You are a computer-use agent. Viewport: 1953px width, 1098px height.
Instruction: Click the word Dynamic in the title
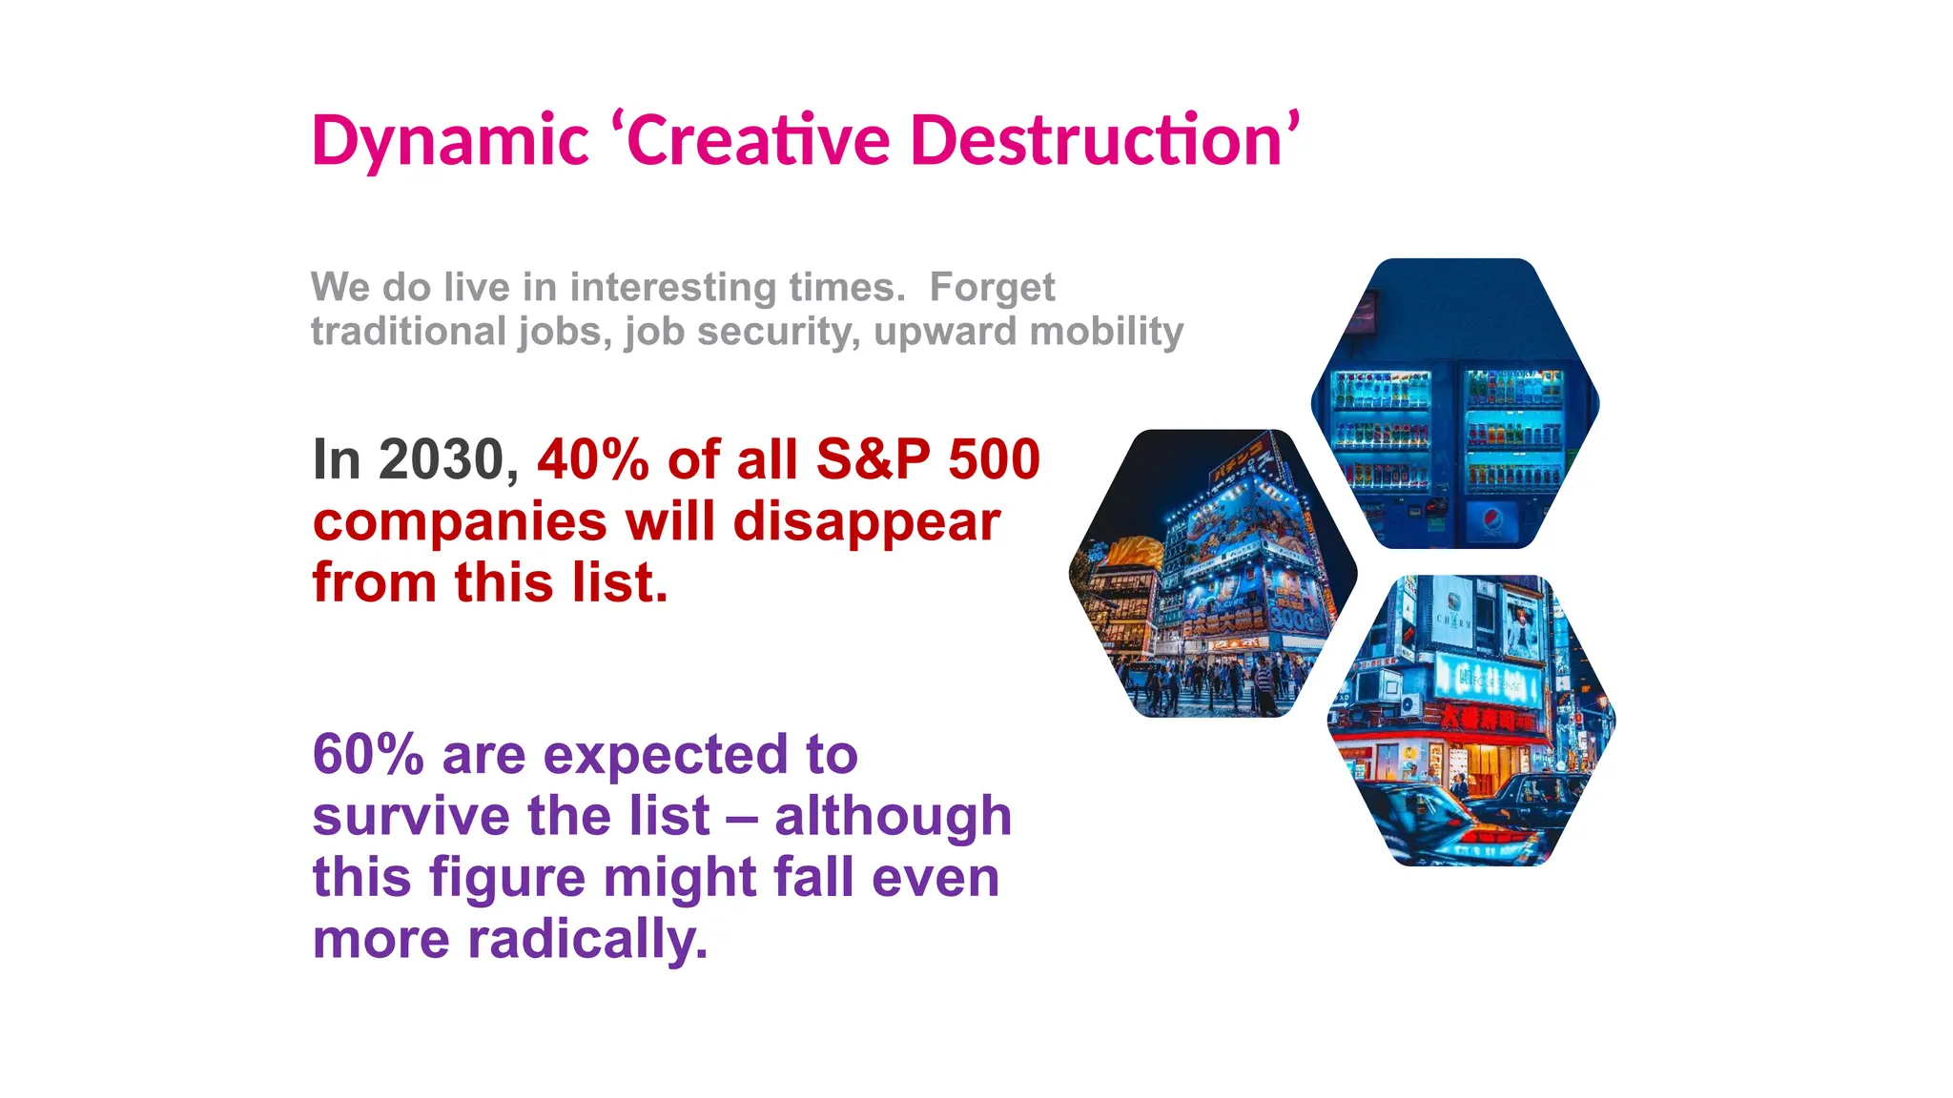click(450, 141)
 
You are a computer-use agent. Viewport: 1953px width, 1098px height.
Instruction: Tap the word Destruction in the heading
click(1097, 141)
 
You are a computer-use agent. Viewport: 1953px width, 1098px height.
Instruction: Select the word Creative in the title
click(758, 141)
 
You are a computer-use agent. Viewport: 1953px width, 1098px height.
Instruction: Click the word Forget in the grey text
click(992, 288)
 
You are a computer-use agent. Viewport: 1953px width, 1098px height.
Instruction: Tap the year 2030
click(441, 460)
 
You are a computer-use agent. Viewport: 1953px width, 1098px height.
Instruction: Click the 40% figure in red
click(592, 460)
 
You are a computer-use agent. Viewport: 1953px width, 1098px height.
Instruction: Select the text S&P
click(873, 460)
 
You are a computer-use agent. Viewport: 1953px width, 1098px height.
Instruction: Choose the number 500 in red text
click(994, 460)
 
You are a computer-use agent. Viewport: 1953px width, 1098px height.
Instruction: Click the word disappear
click(867, 522)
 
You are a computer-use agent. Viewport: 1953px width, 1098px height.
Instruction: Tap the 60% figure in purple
click(368, 755)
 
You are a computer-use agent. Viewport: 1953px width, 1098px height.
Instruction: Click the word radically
click(587, 940)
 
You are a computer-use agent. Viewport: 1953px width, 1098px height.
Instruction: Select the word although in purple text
click(893, 817)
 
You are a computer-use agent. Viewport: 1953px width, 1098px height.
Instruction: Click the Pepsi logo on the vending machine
click(1492, 521)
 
